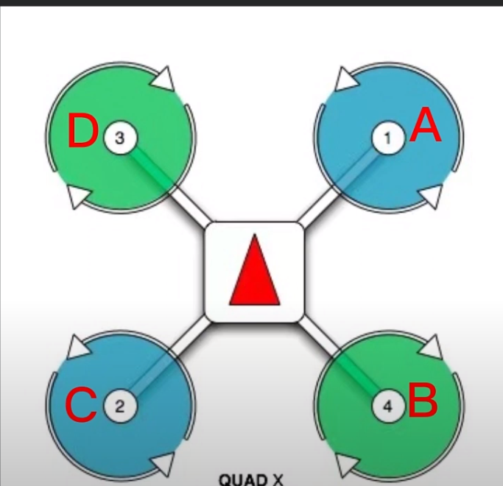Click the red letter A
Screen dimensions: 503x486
(426, 127)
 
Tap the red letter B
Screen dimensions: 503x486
(423, 401)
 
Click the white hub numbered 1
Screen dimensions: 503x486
(388, 136)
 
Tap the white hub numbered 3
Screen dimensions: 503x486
(120, 136)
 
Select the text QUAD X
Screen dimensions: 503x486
(250, 479)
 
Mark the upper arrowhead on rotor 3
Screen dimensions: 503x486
(166, 77)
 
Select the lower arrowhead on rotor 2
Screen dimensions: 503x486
(165, 464)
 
